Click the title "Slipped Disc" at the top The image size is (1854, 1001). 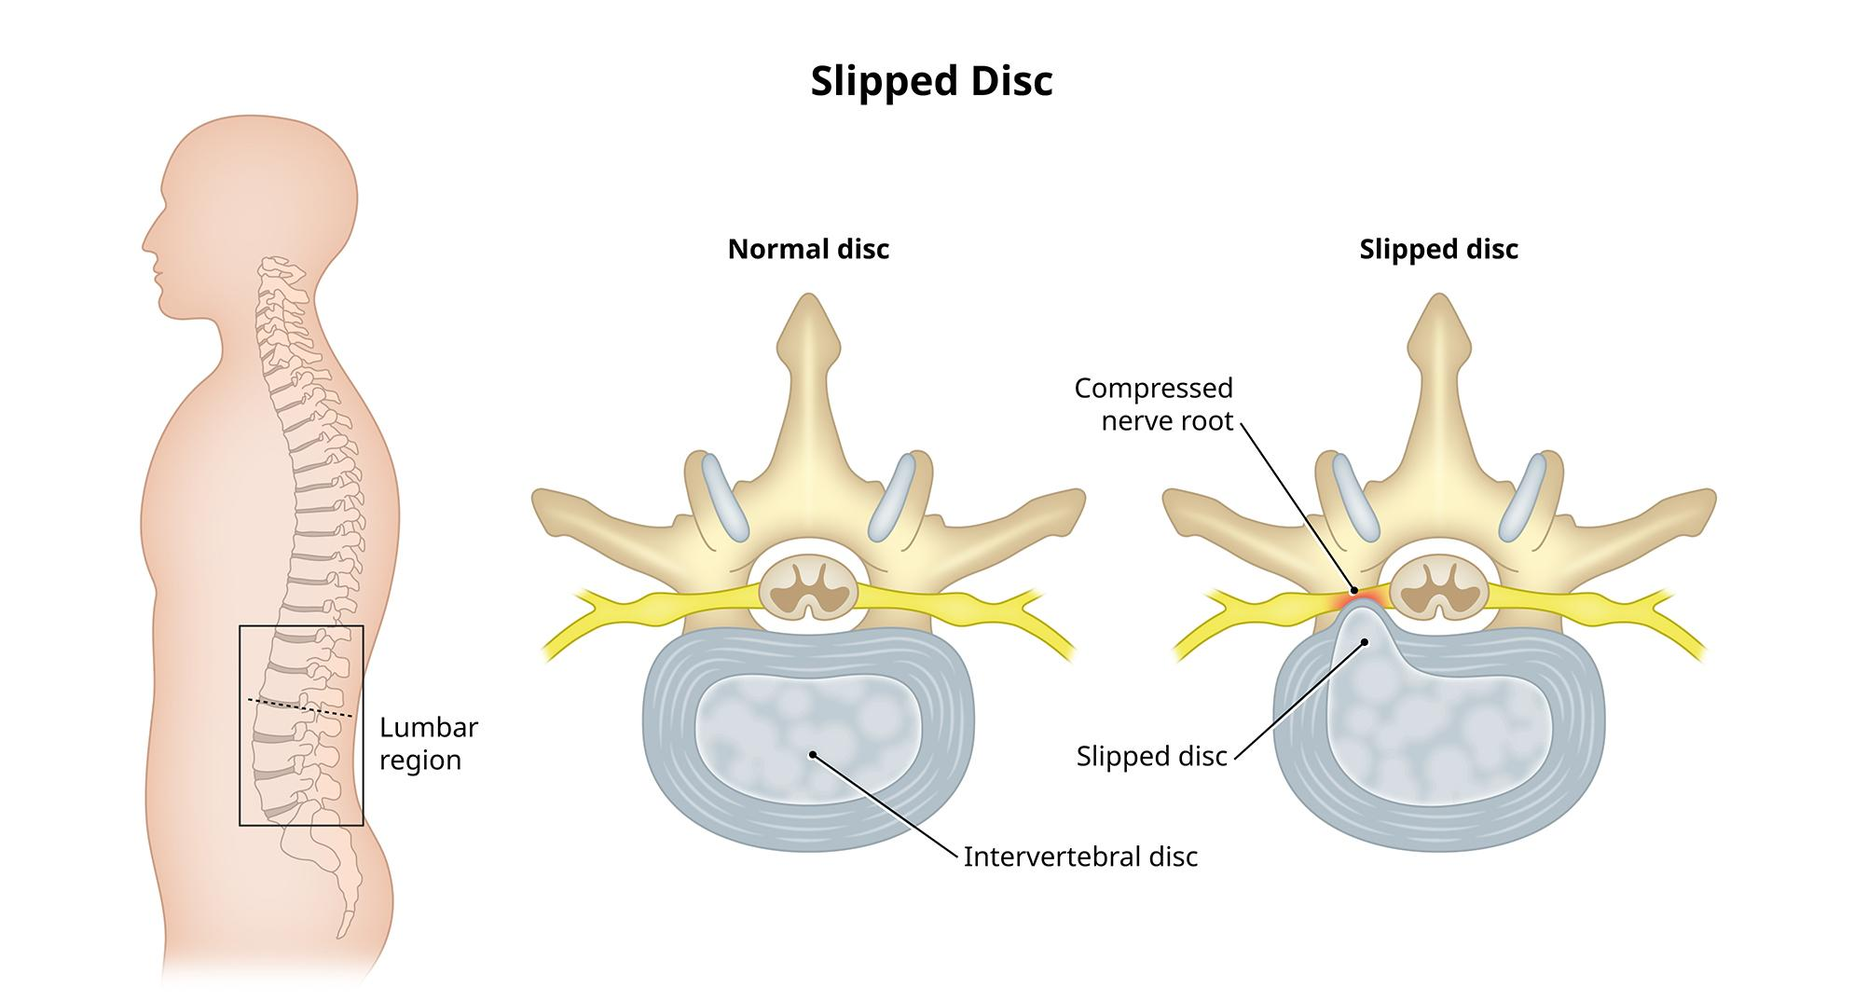pos(930,81)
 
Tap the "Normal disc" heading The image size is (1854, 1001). pos(808,250)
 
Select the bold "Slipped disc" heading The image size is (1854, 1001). pos(1438,250)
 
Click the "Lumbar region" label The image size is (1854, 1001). pos(428,743)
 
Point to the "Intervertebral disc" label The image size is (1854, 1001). pos(1079,857)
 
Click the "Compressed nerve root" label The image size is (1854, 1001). pos(1153,404)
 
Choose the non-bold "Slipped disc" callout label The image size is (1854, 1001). pos(1151,756)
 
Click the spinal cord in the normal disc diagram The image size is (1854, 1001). pos(808,588)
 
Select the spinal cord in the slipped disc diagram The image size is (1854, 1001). pos(1439,588)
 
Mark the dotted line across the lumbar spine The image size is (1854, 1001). pos(299,706)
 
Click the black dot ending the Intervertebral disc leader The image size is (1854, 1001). pos(813,753)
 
